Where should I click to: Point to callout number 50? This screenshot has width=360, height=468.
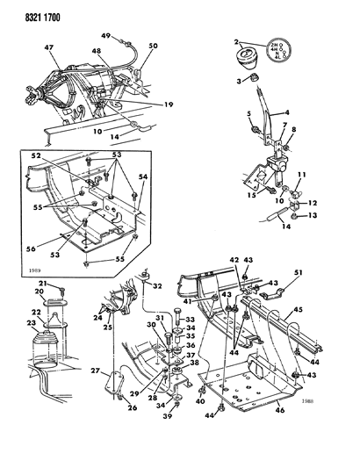153,45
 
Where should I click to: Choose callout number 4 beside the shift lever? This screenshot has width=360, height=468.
286,112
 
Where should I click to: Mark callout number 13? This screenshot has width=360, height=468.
312,215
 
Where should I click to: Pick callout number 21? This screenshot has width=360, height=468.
40,284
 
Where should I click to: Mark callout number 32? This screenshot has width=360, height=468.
158,285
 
